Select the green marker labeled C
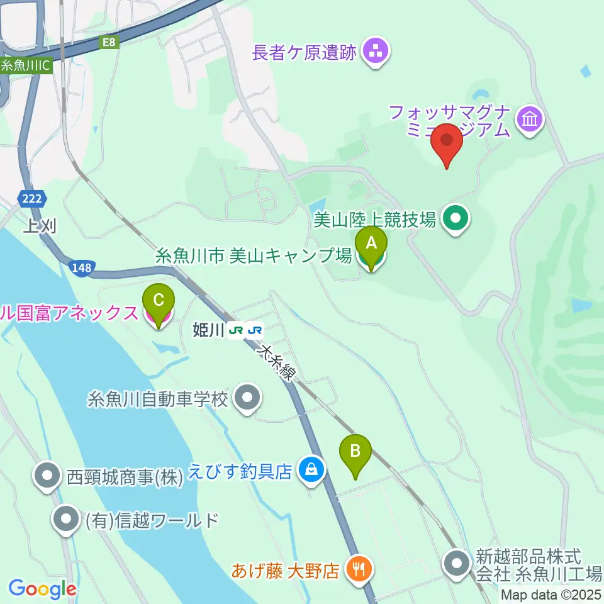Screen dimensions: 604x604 click(159, 306)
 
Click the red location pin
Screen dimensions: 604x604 click(447, 145)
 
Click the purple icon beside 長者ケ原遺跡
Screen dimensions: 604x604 click(377, 51)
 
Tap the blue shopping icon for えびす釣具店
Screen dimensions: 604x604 click(310, 469)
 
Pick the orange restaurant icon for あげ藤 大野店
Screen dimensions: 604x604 click(359, 570)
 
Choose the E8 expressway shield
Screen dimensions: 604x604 click(110, 42)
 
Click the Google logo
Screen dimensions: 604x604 click(42, 589)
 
